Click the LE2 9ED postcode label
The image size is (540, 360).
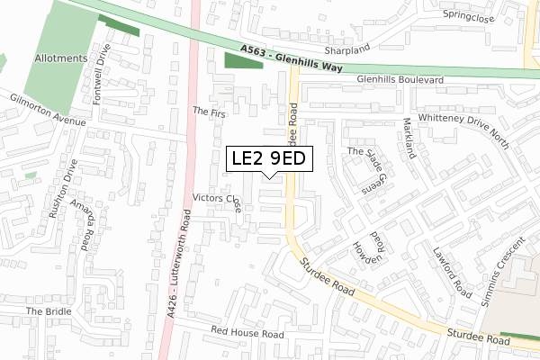[268, 159]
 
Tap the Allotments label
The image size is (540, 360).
[62, 58]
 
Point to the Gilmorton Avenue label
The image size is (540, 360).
[47, 109]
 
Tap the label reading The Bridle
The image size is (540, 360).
[48, 311]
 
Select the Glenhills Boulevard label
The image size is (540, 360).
[400, 80]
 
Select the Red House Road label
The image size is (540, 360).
[247, 333]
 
